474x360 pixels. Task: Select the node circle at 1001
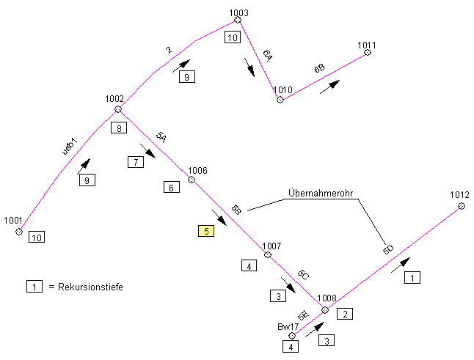[19, 232]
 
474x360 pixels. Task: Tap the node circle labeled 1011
[368, 52]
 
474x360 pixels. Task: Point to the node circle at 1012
[462, 206]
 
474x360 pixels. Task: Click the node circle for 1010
[280, 100]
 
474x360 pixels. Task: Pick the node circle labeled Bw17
[292, 336]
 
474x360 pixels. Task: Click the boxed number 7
[134, 163]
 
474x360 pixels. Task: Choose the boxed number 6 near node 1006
[171, 188]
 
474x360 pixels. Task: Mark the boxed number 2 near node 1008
[345, 315]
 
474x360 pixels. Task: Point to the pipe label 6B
[319, 69]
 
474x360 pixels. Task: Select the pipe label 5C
[302, 274]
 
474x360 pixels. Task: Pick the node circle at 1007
[268, 255]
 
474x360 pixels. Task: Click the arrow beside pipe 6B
[329, 85]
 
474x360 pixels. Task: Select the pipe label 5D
[388, 250]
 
